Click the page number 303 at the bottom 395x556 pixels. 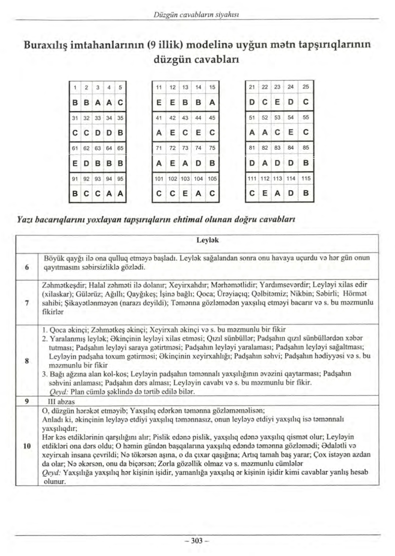pyautogui.click(x=197, y=541)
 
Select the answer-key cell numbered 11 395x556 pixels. pyautogui.click(x=159, y=87)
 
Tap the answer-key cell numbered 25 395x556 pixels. pyautogui.click(x=306, y=87)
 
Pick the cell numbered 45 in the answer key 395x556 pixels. pyautogui.click(x=212, y=118)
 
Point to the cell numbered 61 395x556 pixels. pyautogui.click(x=75, y=148)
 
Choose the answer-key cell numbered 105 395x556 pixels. pyautogui.click(x=212, y=179)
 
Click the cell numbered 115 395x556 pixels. pyautogui.click(x=306, y=179)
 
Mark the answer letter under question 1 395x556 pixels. pyautogui.click(x=75, y=103)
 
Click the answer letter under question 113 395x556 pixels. pyautogui.click(x=278, y=193)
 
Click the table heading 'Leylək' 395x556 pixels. pyautogui.click(x=208, y=240)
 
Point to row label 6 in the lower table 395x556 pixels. pyautogui.click(x=27, y=267)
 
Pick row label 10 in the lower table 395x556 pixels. pyautogui.click(x=27, y=446)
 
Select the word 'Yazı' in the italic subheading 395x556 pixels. pyautogui.click(x=25, y=219)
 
